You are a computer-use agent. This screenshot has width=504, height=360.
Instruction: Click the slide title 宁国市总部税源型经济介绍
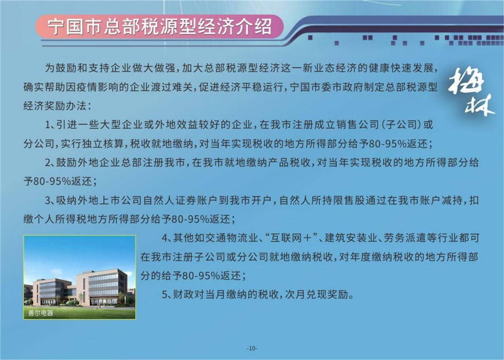coord(160,26)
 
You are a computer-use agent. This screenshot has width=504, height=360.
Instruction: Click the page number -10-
coord(252,348)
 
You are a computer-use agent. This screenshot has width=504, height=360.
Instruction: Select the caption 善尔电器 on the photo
coord(41,313)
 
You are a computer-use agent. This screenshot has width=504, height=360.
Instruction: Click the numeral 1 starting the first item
coord(47,124)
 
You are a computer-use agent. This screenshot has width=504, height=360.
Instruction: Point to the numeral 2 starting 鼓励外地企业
coord(47,163)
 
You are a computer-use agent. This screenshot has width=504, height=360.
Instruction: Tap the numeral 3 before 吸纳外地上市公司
coord(47,201)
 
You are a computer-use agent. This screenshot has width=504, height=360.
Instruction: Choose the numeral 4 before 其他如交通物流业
coord(165,238)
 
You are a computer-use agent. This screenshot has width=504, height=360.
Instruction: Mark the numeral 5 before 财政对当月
coord(165,294)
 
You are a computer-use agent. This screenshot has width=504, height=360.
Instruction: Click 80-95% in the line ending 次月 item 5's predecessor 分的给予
coord(201,276)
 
